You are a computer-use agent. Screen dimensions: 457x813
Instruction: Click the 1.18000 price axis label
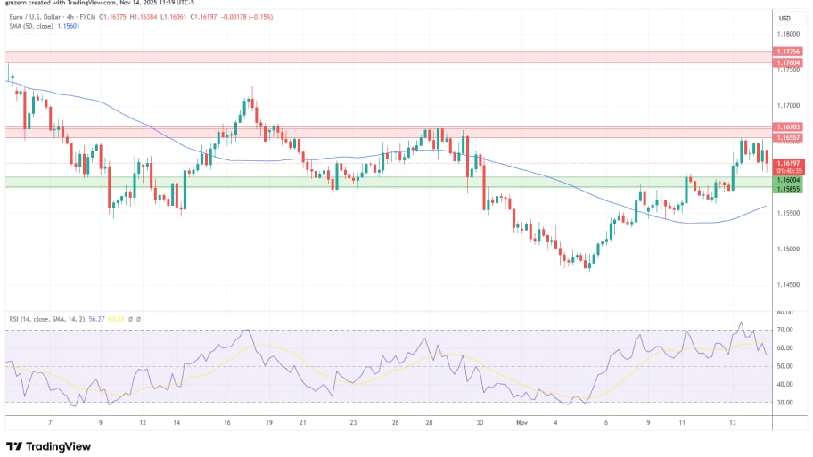click(x=788, y=34)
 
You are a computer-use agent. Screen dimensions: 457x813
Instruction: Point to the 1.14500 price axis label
click(x=788, y=285)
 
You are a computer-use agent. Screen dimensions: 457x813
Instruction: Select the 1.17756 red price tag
click(x=788, y=52)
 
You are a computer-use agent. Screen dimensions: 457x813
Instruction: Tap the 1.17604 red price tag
click(x=788, y=62)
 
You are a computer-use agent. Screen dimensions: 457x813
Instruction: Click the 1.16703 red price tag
click(x=788, y=127)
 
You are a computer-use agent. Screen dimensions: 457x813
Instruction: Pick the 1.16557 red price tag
click(x=788, y=138)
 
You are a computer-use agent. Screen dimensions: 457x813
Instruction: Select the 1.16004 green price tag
click(x=788, y=178)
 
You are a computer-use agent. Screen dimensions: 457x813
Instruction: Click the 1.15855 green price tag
click(x=788, y=188)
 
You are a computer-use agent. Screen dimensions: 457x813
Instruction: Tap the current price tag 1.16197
click(x=788, y=163)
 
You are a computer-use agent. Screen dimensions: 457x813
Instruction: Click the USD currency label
click(x=785, y=18)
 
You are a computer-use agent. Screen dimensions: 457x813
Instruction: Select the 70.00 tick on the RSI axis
click(x=785, y=331)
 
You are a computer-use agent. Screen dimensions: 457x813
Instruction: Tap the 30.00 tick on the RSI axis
click(x=785, y=403)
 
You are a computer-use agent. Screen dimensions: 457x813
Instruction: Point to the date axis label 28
click(x=430, y=424)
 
